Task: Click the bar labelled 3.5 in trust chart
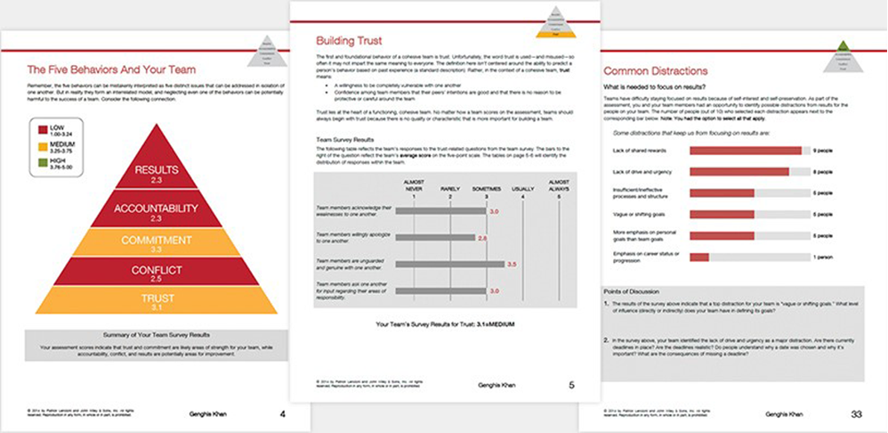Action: (x=449, y=264)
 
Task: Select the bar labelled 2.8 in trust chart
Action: (x=435, y=238)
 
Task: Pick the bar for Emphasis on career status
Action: (x=699, y=257)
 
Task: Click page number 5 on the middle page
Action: (x=571, y=385)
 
